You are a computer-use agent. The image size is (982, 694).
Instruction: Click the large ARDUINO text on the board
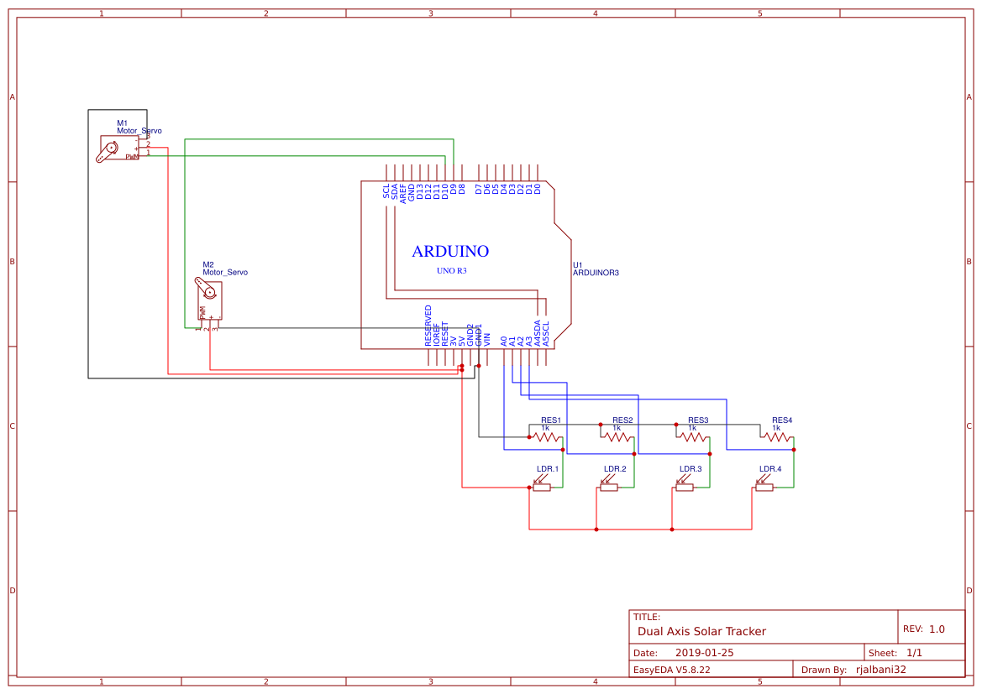click(x=450, y=251)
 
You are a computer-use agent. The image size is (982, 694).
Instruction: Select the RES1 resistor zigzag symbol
click(x=545, y=436)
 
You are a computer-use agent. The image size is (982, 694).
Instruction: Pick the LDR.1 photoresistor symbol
click(x=541, y=486)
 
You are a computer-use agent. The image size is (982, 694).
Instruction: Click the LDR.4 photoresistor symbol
click(x=764, y=486)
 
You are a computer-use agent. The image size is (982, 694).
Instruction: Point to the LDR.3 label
click(x=691, y=469)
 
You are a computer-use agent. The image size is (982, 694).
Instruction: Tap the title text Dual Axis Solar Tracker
click(x=701, y=631)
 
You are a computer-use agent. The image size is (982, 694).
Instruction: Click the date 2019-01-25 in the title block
click(x=704, y=653)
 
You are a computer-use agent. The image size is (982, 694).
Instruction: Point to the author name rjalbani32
click(x=880, y=670)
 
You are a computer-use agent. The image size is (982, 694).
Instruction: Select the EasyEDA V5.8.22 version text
click(x=671, y=670)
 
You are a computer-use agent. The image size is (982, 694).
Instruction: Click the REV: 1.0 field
click(x=923, y=629)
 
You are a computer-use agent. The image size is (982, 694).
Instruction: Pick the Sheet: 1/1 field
click(x=895, y=653)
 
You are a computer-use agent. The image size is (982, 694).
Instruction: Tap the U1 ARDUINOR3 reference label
click(x=595, y=269)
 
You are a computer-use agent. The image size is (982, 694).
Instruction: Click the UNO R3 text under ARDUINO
click(x=451, y=271)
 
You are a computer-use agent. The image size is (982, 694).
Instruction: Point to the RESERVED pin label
click(x=428, y=326)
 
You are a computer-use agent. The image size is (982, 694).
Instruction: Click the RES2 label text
click(x=622, y=420)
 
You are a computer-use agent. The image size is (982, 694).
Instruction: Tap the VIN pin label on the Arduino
click(x=487, y=340)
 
